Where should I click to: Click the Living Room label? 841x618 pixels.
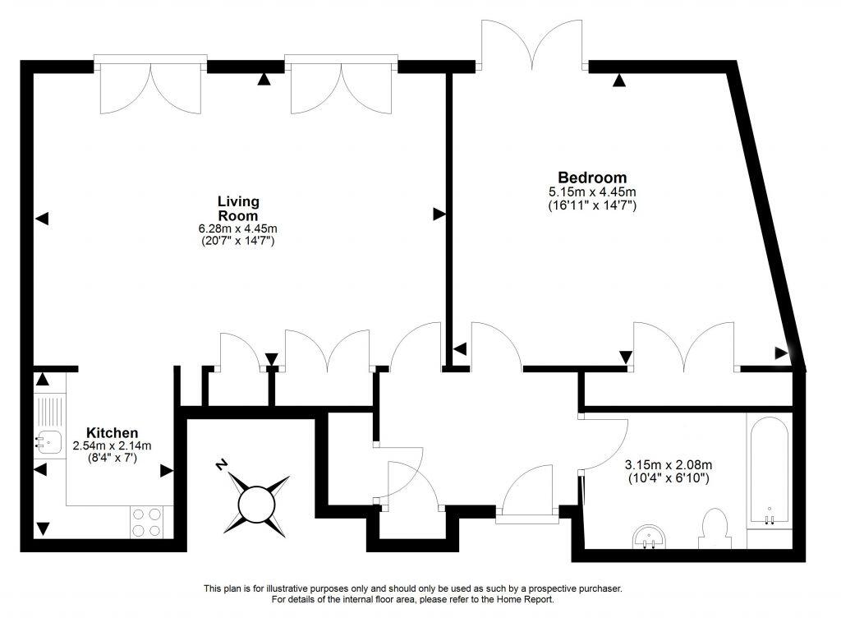pos(238,208)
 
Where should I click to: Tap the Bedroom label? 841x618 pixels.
pos(592,178)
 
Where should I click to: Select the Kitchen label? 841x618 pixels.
pos(112,433)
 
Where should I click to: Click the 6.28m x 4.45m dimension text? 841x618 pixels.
pos(238,228)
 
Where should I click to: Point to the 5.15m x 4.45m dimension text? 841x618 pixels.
pos(592,191)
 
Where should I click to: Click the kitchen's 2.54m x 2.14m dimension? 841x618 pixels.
pos(112,446)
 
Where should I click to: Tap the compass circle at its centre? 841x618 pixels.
pos(255,500)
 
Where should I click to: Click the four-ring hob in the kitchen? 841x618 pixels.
pos(147,522)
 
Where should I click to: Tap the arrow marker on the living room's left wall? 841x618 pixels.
pos(42,219)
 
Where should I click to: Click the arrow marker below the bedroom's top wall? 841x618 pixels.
pos(618,80)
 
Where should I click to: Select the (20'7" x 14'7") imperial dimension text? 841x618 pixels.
pos(238,242)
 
